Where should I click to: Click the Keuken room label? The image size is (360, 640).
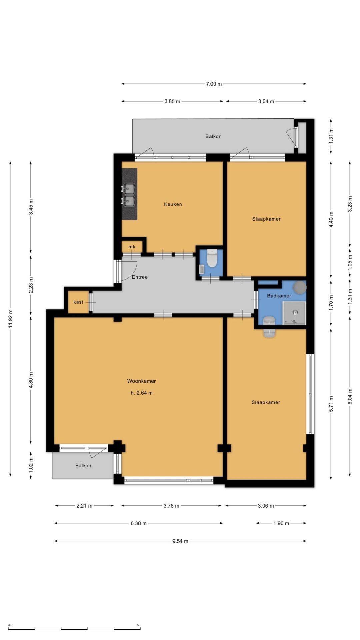coord(173,204)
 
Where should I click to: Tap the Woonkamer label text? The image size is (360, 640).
coord(141,381)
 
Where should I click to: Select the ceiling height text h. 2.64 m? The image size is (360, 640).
coord(141,393)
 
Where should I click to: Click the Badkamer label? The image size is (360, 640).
coord(279,296)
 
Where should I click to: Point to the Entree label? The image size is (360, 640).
coord(140,277)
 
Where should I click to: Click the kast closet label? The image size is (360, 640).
coord(78,302)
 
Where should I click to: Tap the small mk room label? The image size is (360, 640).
coord(132,247)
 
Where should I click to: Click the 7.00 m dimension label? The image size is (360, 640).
coord(214,84)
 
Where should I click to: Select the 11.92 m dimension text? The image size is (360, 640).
coord(10,318)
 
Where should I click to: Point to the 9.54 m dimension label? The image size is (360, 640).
coord(180,541)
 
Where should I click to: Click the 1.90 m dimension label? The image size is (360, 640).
coord(281,523)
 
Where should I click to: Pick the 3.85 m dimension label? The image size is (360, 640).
coord(172,101)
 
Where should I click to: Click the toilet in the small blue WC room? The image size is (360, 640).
coord(212,259)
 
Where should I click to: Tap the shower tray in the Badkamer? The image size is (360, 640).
coord(294,313)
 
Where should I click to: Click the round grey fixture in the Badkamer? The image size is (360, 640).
coord(299,287)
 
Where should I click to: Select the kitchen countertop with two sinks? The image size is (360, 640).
coord(129,194)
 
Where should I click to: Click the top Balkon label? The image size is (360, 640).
coord(213,136)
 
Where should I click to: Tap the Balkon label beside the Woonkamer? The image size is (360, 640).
coord(83,466)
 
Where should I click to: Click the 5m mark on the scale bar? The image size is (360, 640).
coord(138,625)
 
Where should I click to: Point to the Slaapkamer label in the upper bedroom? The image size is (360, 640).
coord(266,219)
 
